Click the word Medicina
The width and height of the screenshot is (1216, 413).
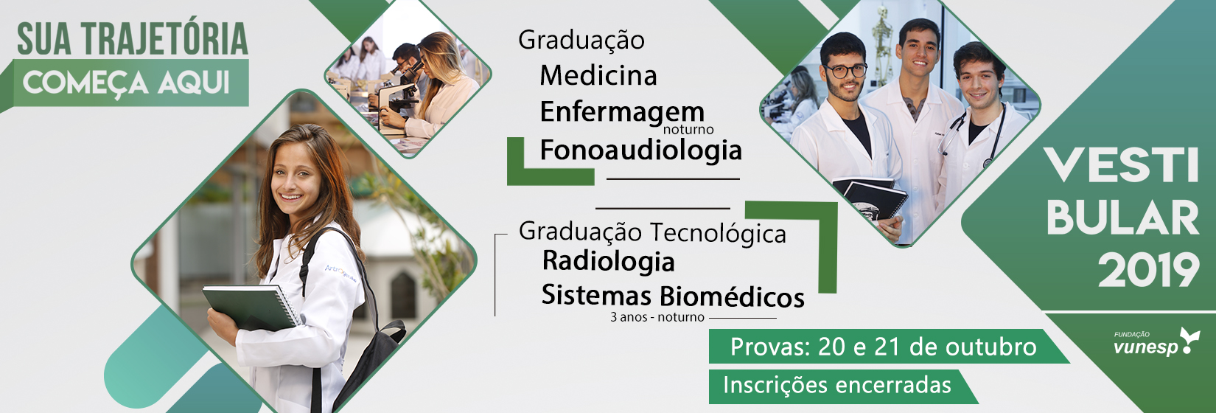click(598, 75)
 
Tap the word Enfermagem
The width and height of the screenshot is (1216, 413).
click(622, 112)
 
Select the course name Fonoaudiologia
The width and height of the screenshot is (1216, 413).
click(640, 150)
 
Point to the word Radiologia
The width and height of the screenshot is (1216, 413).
click(609, 261)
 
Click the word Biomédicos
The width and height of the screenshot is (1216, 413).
click(733, 296)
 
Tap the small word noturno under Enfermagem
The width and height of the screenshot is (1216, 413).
click(688, 129)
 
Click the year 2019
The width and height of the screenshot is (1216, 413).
click(1149, 270)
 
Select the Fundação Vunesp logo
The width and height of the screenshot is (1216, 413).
click(1156, 342)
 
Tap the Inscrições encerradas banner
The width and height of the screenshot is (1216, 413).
click(842, 386)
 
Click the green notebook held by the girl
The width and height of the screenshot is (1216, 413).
click(251, 307)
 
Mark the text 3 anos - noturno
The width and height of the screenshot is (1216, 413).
click(657, 317)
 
